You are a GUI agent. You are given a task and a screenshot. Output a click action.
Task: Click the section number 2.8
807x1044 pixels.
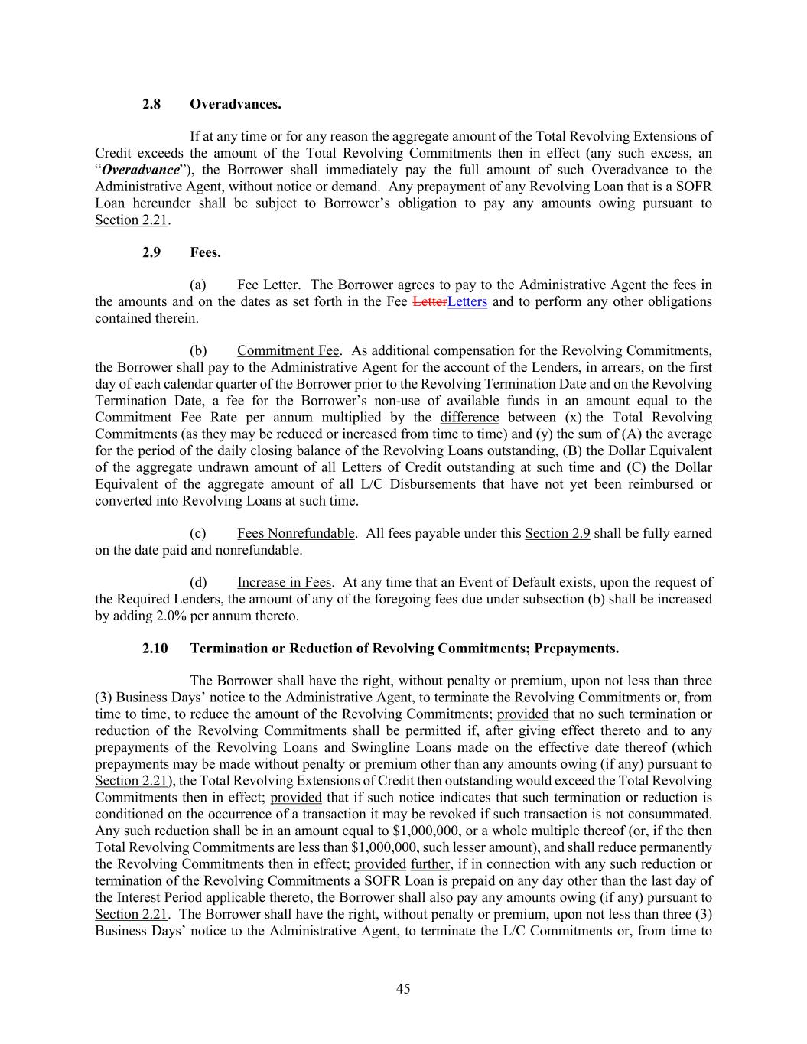click(x=151, y=104)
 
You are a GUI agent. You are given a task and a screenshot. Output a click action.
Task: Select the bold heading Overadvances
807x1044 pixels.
click(x=236, y=104)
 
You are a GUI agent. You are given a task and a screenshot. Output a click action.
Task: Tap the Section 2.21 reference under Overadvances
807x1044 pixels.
click(x=131, y=220)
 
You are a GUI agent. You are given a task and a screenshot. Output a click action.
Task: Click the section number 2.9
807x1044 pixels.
click(x=151, y=252)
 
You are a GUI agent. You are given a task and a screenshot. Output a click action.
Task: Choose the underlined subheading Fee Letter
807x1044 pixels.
click(x=267, y=285)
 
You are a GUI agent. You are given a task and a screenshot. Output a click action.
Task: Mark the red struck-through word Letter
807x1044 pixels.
click(x=429, y=302)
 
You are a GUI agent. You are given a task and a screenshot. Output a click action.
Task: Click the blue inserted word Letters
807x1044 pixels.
click(x=467, y=302)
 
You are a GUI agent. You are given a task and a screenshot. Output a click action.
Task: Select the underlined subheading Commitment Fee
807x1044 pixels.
click(x=288, y=351)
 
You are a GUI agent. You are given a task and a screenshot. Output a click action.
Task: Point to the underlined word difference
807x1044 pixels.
click(x=469, y=418)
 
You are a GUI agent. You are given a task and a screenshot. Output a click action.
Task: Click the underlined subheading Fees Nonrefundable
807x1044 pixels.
click(x=295, y=533)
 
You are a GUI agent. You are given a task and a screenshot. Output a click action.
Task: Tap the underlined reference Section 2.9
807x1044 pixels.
click(x=557, y=533)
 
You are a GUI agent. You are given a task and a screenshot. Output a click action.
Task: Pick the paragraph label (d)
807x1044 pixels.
click(x=198, y=583)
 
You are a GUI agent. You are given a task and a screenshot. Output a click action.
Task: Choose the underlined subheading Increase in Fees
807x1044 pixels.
click(x=284, y=583)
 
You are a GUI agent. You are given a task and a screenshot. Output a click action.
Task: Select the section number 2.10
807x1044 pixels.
click(x=155, y=649)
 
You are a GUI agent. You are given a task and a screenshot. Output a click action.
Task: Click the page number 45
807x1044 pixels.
click(x=403, y=989)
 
